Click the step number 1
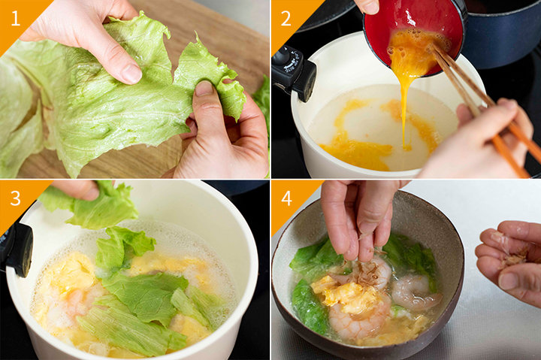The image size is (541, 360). (15, 19)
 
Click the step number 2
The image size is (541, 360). (286, 19)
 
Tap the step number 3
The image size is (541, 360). (16, 198)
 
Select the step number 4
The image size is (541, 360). (287, 198)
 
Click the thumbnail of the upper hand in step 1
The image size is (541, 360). (131, 74)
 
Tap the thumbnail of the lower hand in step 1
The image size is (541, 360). (204, 89)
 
